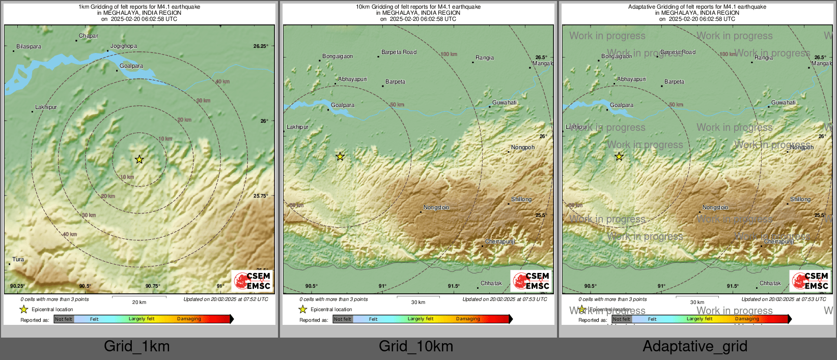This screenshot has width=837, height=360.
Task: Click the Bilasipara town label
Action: click(29, 47)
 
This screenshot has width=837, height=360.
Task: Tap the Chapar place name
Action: click(88, 36)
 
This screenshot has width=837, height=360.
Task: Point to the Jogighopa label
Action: click(123, 46)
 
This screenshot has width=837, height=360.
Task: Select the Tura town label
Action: click(18, 260)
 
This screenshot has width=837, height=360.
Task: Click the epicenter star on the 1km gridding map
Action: click(139, 159)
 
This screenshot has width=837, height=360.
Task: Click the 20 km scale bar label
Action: click(139, 302)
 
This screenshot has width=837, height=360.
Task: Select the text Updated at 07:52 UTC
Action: click(226, 299)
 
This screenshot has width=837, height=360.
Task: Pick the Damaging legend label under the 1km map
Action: click(189, 319)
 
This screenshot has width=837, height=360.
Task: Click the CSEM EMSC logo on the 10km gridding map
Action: click(531, 281)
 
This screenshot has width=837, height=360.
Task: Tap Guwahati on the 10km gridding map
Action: click(504, 103)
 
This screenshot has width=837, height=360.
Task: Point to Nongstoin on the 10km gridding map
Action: click(436, 208)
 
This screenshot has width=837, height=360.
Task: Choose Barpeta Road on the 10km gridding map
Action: click(399, 52)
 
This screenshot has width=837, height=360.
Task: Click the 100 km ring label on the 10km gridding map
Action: click(449, 54)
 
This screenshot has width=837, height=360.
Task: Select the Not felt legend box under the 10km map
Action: click(343, 319)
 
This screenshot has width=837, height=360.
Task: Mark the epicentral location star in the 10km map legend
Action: click(302, 310)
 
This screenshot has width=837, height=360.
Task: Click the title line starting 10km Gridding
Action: click(418, 7)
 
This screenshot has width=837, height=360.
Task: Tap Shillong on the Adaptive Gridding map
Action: click(800, 200)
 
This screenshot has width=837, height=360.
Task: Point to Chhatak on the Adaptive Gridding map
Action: click(770, 284)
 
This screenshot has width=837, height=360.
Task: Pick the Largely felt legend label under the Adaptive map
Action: click(700, 319)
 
